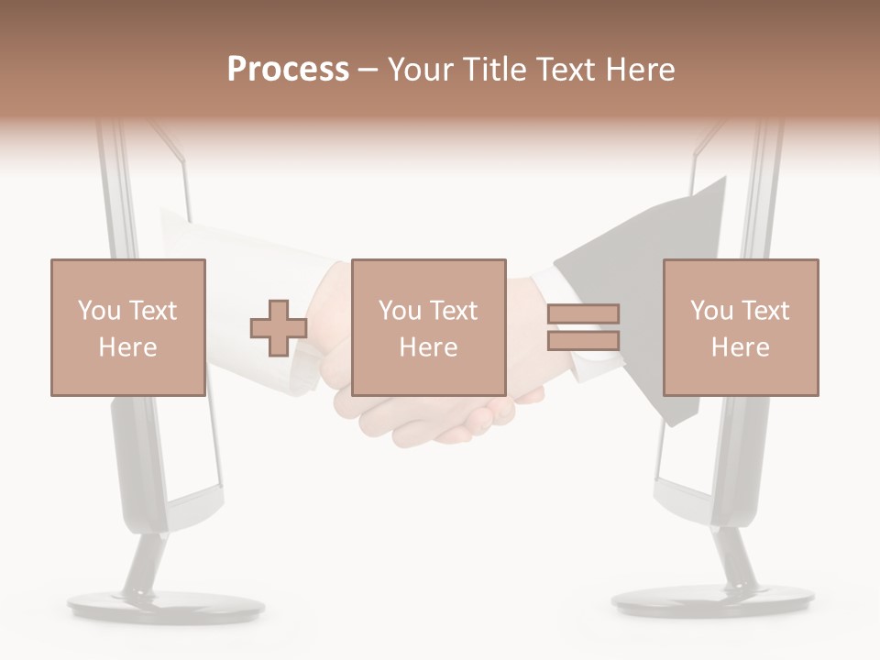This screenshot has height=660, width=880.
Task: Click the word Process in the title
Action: point(288,70)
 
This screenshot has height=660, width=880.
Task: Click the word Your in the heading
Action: point(420,70)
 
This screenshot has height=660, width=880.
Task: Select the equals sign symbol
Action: point(583,327)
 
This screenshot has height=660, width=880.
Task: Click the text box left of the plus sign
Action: point(127,327)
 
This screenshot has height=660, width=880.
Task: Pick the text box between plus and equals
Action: point(428,327)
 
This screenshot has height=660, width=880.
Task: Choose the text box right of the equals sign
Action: point(740,327)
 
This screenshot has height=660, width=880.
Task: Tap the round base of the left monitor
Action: point(166,606)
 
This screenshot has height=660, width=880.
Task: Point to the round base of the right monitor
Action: point(712,601)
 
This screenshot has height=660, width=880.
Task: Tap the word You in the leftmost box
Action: point(99,311)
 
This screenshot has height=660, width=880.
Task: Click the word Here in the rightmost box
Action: point(740,347)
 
